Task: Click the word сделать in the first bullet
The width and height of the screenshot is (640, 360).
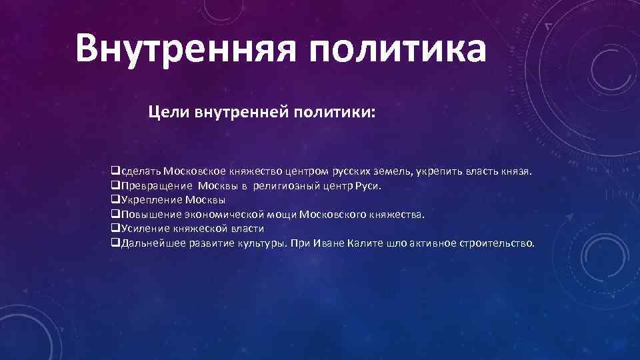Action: [x=139, y=170]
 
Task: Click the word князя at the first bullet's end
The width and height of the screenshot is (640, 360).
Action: [x=517, y=170]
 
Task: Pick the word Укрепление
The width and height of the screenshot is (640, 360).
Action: [x=151, y=199]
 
